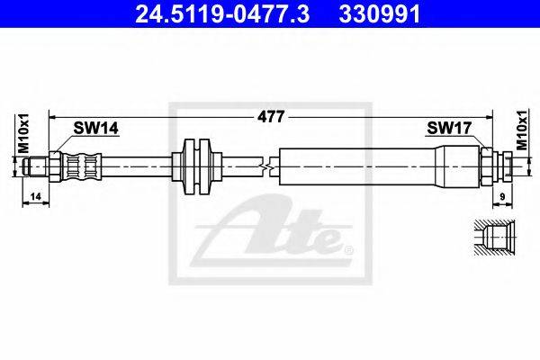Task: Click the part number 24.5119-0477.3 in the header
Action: tap(222, 13)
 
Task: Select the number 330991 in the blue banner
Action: tap(380, 13)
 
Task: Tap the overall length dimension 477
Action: tap(271, 116)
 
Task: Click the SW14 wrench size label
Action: tap(95, 128)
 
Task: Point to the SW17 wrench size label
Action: tap(449, 128)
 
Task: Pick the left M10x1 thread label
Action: tap(23, 133)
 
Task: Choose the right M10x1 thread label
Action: tap(522, 130)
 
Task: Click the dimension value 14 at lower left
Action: tap(35, 197)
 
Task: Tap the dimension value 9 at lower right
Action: tap(502, 197)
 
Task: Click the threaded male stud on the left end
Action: tap(36, 166)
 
